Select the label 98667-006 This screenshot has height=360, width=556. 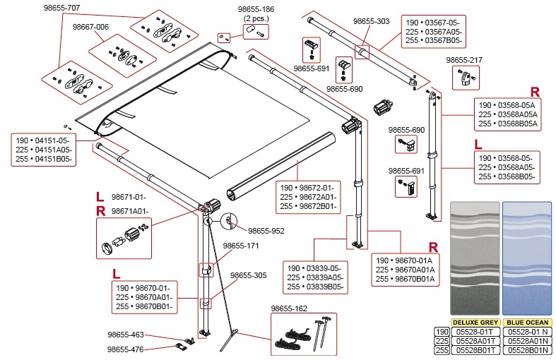point(90,27)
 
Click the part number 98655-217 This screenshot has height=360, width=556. point(466,60)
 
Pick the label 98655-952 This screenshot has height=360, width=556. point(266,230)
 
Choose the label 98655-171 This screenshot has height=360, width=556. point(242,246)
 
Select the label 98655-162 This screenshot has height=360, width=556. point(289,308)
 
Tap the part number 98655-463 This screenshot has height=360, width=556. point(126,335)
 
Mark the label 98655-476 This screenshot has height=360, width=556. point(126,349)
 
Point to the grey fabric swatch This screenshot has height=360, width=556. point(474,258)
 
